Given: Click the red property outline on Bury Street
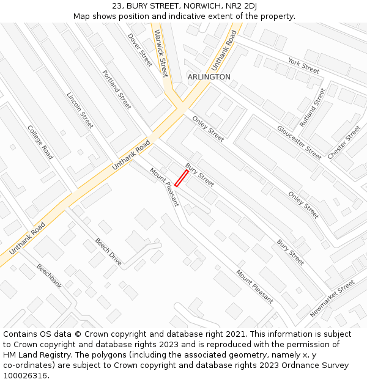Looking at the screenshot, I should click(182, 178).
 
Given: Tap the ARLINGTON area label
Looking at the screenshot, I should click(209, 77).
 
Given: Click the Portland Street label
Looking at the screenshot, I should click(117, 89).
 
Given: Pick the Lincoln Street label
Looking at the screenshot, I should click(80, 110).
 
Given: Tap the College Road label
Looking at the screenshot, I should click(40, 142).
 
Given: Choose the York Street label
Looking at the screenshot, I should click(303, 66).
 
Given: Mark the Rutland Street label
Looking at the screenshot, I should click(313, 106).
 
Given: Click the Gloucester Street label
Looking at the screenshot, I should click(299, 142).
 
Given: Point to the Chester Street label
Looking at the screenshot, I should click(344, 142).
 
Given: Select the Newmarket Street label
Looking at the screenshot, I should click(332, 299).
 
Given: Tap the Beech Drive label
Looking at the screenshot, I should click(108, 252).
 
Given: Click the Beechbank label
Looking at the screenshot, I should click(49, 276).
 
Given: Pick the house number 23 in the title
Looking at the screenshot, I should click(117, 6).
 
